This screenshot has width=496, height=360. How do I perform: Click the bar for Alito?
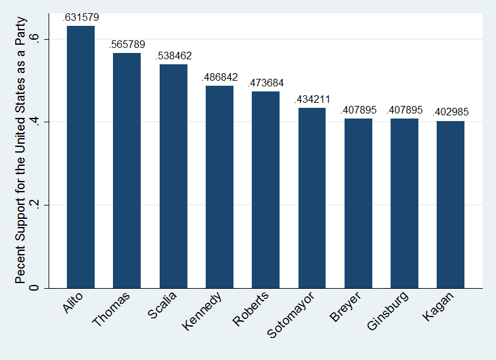click(81, 157)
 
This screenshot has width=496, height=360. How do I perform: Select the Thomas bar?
click(127, 170)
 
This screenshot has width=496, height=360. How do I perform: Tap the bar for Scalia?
click(174, 176)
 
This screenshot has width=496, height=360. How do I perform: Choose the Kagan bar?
click(451, 204)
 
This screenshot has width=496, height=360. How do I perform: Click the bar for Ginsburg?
click(404, 203)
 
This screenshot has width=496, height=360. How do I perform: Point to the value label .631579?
click(81, 18)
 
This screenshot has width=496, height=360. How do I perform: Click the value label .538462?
click(174, 56)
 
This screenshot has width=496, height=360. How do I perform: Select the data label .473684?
click(266, 83)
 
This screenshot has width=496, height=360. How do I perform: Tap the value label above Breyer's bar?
click(358, 110)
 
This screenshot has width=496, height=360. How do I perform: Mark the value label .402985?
click(451, 112)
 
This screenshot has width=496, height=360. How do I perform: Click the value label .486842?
click(220, 78)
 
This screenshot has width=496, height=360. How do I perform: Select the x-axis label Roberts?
click(251, 308)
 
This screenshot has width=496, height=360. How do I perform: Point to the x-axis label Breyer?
click(345, 306)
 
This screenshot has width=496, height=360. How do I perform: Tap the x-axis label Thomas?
click(112, 309)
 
